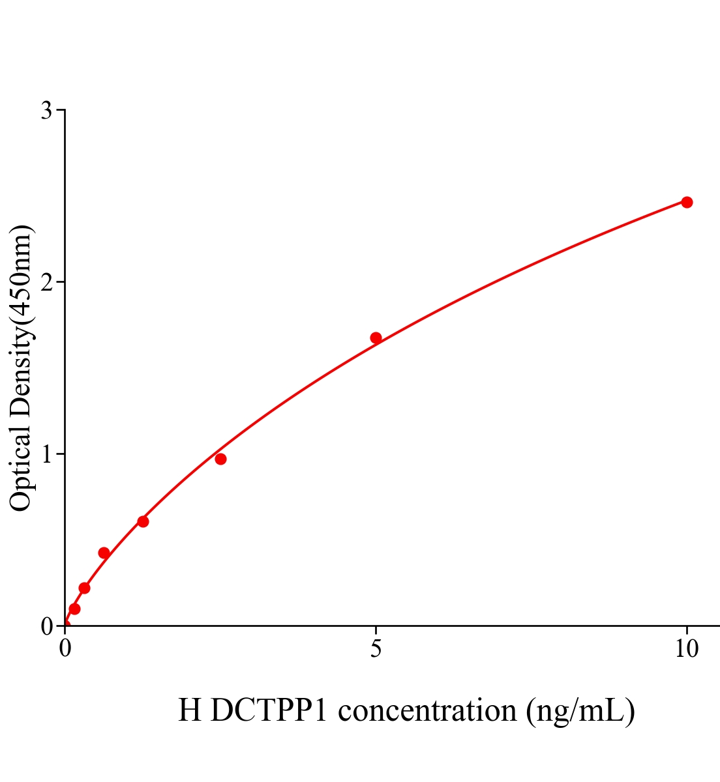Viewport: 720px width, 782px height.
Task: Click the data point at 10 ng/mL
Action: (x=687, y=202)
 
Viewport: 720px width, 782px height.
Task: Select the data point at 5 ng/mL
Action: (x=376, y=338)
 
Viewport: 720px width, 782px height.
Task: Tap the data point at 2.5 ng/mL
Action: (x=220, y=459)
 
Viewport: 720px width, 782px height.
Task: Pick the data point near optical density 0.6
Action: (x=143, y=521)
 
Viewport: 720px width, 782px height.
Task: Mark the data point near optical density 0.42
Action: (x=104, y=553)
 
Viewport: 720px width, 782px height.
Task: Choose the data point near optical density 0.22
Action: (x=84, y=588)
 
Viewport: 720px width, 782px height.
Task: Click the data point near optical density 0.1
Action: (x=74, y=609)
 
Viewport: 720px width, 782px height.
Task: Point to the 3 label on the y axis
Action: (x=46, y=111)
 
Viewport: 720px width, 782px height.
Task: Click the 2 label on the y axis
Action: (x=46, y=282)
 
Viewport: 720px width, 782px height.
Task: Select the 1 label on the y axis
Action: (x=46, y=454)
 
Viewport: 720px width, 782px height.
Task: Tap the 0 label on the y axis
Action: (x=46, y=626)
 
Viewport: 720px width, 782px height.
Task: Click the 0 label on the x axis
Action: (x=65, y=649)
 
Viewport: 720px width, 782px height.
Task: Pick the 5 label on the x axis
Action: (x=376, y=649)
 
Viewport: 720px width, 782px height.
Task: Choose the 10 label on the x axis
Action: (x=686, y=649)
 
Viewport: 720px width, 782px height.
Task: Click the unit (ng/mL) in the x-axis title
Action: (x=580, y=710)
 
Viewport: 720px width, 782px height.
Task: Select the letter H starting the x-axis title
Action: (x=190, y=710)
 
